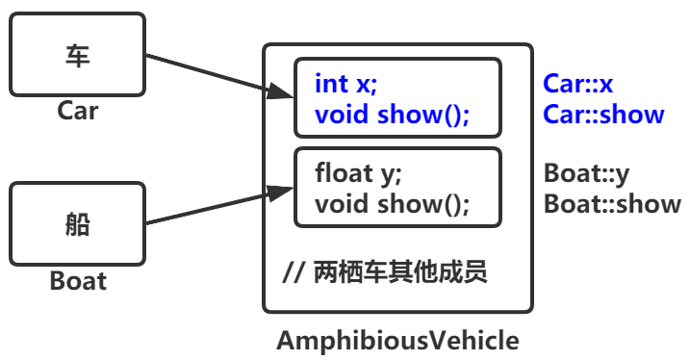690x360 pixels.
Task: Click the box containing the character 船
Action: tap(77, 224)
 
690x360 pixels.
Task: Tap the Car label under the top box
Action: tap(78, 111)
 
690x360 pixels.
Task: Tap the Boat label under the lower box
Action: tap(78, 282)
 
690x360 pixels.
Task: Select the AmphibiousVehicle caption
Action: tap(397, 341)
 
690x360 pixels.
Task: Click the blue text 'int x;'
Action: tap(352, 84)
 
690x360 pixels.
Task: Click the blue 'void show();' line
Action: tap(392, 116)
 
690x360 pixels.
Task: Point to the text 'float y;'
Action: tap(358, 173)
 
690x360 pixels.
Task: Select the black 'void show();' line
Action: tap(392, 204)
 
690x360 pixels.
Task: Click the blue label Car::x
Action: tap(578, 84)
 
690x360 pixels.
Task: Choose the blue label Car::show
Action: tap(603, 115)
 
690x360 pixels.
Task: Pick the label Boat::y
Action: tap(586, 173)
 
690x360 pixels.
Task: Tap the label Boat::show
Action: tap(612, 204)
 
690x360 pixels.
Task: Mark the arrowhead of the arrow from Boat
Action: tap(281, 193)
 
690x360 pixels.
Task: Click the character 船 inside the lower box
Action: tap(77, 224)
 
